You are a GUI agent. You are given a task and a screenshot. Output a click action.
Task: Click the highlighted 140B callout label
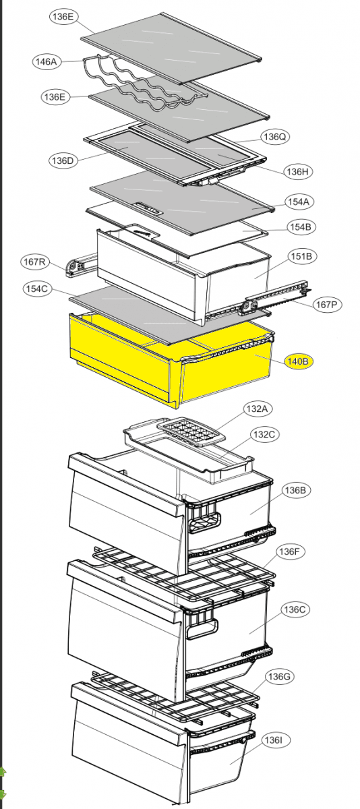pos(298,361)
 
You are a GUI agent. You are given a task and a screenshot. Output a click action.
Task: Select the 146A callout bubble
pos(47,61)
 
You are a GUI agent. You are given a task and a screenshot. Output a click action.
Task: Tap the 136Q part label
pos(275,136)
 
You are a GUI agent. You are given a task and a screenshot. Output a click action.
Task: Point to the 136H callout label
pos(298,172)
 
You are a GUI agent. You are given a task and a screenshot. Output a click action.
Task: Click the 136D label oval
pos(63,160)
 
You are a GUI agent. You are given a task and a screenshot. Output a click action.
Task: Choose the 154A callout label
pos(299,202)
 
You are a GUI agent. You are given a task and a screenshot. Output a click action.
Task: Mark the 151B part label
pos(301,256)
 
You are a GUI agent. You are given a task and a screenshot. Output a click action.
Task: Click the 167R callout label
pos(34,262)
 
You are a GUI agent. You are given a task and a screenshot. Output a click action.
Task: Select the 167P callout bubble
pos(326,305)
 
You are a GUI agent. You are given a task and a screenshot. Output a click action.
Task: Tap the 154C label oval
pos(37,289)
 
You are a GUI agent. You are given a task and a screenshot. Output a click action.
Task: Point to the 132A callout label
pos(258,409)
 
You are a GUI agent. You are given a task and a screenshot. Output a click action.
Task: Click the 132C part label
pos(265,434)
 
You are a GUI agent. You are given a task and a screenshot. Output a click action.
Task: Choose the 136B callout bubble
pos(295,490)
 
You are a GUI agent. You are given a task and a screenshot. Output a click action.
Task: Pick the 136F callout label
pos(290,551)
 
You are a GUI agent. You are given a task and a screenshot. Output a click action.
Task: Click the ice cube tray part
pos(191,432)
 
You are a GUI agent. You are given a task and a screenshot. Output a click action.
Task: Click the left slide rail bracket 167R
pos(81,265)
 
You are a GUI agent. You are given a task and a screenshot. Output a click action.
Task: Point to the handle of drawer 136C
pos(202,630)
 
